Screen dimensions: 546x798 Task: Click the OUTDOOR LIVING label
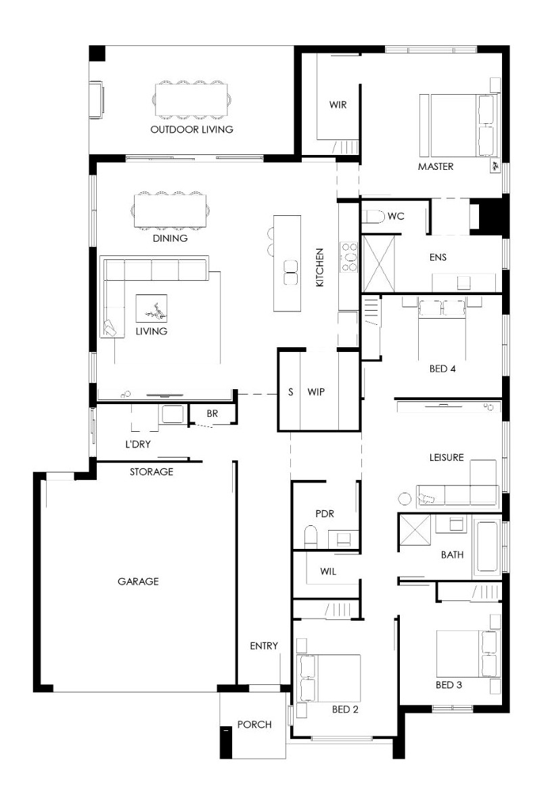click(192, 129)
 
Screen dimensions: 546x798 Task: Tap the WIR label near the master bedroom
click(338, 105)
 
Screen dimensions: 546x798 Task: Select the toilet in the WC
click(373, 217)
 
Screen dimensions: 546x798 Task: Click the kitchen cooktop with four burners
click(348, 257)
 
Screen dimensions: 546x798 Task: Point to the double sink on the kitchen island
click(291, 272)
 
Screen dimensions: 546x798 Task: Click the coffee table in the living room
click(152, 309)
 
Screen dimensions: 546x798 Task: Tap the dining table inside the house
click(170, 210)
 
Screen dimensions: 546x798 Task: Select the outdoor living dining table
click(191, 99)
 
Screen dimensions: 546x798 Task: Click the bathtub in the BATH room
click(487, 547)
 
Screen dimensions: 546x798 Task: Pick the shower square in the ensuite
click(378, 263)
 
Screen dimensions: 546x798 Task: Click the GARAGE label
click(139, 581)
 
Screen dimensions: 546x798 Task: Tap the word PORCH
click(254, 724)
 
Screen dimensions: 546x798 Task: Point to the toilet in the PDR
click(311, 537)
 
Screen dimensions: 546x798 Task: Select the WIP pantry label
click(316, 392)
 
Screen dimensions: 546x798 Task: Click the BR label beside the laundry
click(212, 414)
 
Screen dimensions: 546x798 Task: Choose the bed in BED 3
click(468, 654)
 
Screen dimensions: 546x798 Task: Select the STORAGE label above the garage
click(152, 472)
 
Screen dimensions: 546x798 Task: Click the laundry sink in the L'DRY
click(171, 414)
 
